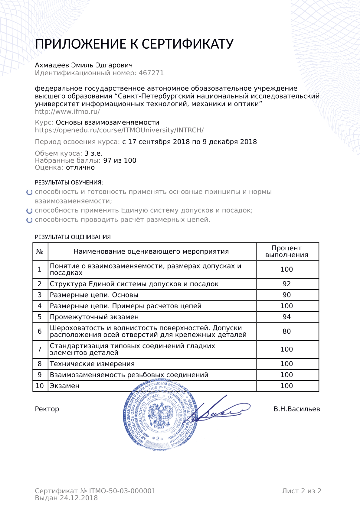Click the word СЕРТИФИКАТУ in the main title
coord(188,44)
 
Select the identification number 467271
coord(151,73)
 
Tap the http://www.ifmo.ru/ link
coord(67,112)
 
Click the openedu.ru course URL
coord(119,130)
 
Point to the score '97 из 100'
coord(120,160)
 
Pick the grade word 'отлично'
coord(80,168)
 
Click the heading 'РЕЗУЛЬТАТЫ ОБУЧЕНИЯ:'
coord(69,183)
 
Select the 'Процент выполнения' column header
coord(286,251)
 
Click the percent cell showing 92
coord(286,284)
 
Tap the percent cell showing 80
coord(286,332)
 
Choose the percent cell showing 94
coord(286,317)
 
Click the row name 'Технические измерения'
coord(92,364)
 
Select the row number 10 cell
coord(40,386)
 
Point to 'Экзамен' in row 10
coord(64,386)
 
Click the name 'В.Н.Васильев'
coord(296,409)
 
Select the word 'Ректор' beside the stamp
coord(47,409)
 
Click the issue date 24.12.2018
coord(79,498)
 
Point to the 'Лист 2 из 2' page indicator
coord(301,491)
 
